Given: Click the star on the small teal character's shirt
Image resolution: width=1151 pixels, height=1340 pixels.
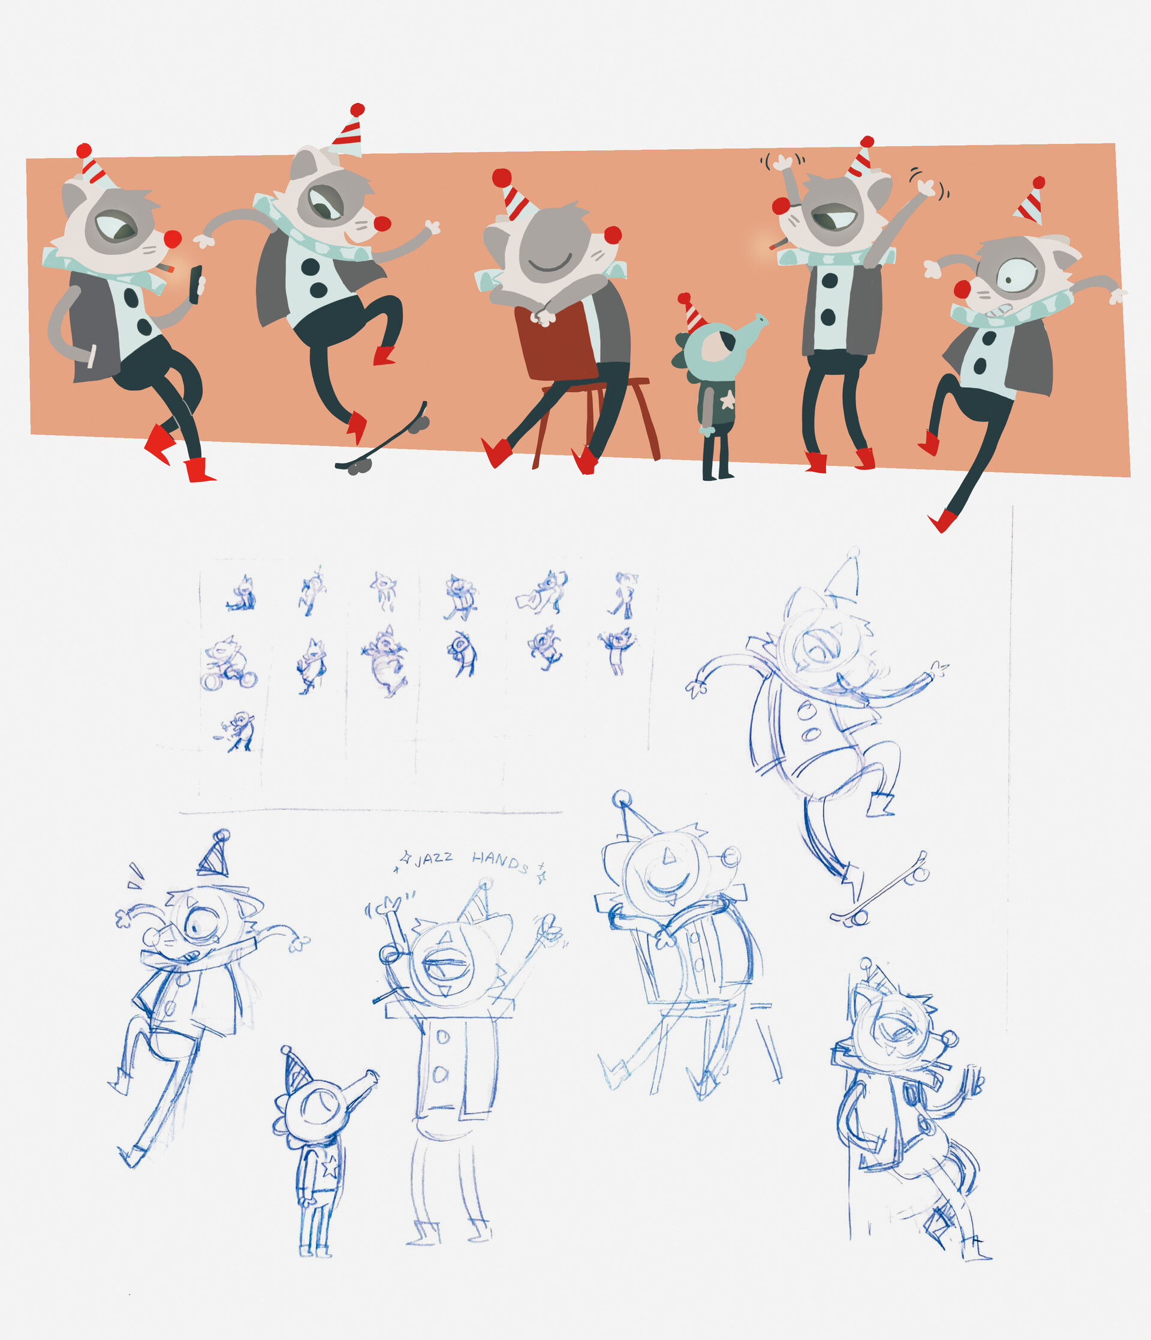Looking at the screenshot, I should tap(727, 401).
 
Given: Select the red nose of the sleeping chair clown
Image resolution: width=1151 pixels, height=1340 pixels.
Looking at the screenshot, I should tap(612, 235).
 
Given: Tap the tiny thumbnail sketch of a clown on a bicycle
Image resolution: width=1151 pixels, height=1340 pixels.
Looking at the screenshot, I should tap(228, 664).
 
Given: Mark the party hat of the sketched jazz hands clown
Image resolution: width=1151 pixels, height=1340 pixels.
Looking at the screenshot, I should tap(475, 902).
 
